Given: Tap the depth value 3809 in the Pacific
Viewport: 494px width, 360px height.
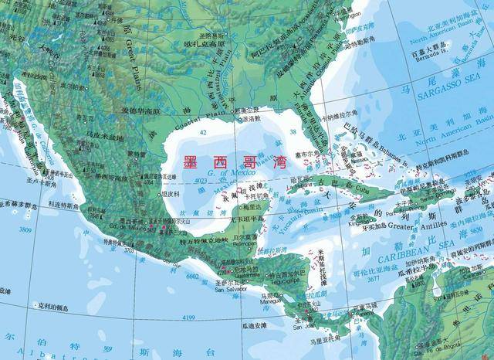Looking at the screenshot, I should tap(25, 230).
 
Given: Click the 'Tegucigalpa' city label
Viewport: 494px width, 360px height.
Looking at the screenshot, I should tap(284, 281).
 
